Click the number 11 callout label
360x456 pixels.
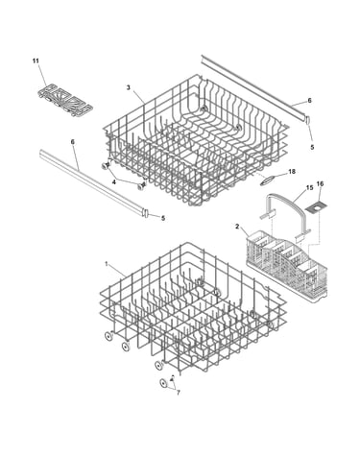point(36,60)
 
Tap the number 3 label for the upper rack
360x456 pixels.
point(128,87)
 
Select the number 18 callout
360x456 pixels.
point(292,172)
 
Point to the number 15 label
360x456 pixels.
point(309,187)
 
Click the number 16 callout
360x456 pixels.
point(320,183)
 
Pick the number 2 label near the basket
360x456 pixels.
point(237,227)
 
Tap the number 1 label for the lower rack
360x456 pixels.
point(106,264)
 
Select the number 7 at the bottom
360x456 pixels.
point(179,393)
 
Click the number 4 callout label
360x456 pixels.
point(113,182)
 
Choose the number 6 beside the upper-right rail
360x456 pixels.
point(309,101)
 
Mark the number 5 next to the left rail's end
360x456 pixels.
point(163,218)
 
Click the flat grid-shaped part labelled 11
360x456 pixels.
point(65,101)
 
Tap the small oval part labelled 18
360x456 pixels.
point(267,180)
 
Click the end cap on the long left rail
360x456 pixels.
point(146,213)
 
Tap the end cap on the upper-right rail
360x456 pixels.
point(308,120)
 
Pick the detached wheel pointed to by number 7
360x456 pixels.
point(164,383)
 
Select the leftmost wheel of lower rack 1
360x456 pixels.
point(108,336)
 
